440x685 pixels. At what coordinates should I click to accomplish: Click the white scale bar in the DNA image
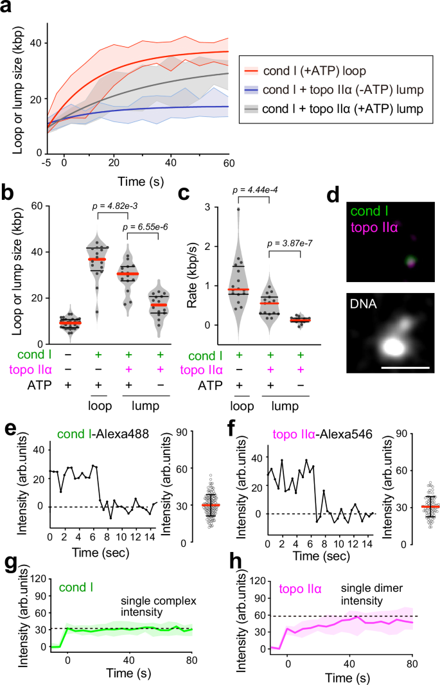coord(403,368)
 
